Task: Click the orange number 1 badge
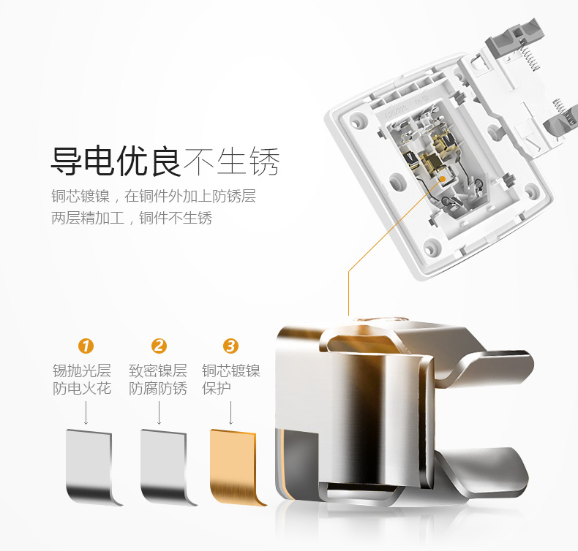click(x=86, y=346)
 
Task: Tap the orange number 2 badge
click(x=159, y=346)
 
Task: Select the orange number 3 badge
click(x=230, y=346)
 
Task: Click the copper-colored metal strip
click(x=236, y=468)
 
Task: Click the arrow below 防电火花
click(x=86, y=413)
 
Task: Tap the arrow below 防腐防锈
click(x=159, y=413)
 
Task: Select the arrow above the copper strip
click(x=230, y=413)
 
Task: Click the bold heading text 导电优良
click(x=116, y=161)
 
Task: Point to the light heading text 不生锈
click(x=232, y=161)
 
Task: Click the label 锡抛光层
click(x=82, y=370)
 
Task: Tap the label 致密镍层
click(x=158, y=370)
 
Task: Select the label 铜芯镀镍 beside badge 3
click(x=231, y=370)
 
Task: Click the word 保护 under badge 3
click(x=217, y=388)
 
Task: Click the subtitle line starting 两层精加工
click(x=132, y=218)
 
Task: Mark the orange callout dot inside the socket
click(x=443, y=179)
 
